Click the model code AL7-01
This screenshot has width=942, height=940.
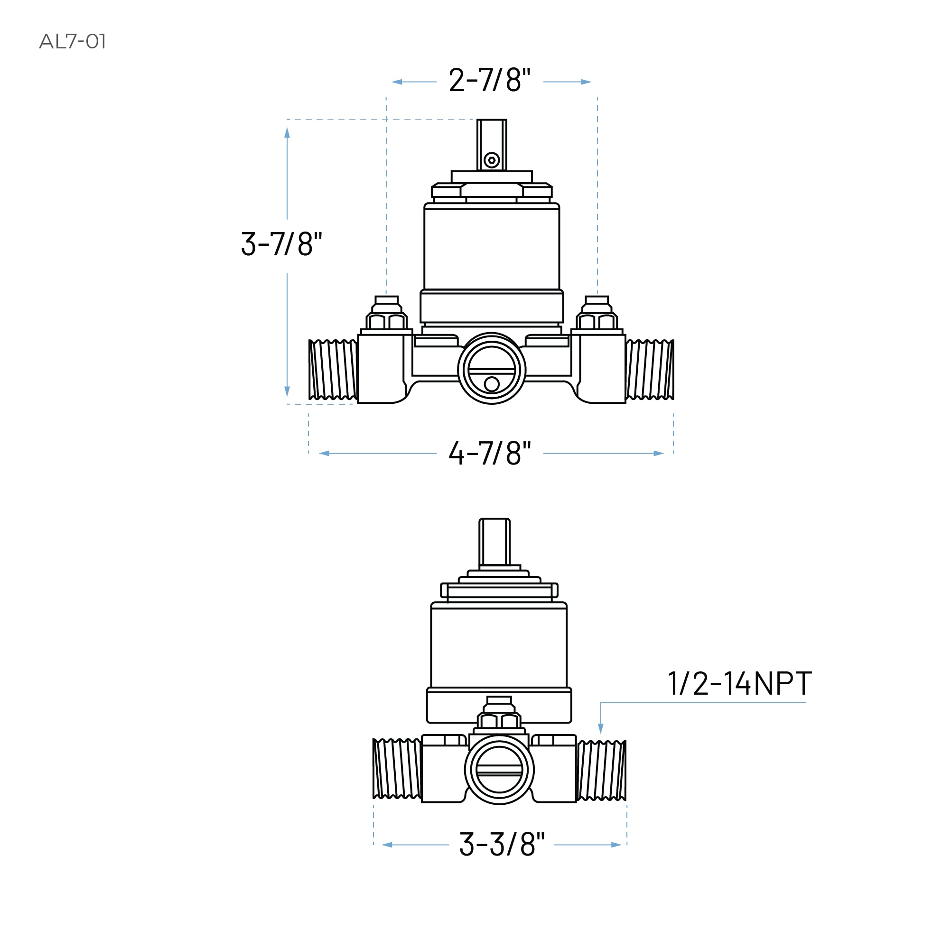(x=72, y=41)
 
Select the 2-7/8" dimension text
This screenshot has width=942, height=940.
(x=489, y=81)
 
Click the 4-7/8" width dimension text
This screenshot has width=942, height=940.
(x=489, y=454)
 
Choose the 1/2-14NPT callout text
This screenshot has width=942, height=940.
(x=739, y=684)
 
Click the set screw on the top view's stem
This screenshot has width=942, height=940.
(x=492, y=160)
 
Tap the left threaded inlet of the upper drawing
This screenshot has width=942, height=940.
(x=333, y=370)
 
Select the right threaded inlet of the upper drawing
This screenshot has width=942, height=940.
(x=650, y=370)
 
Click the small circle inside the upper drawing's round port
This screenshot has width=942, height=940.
(x=492, y=384)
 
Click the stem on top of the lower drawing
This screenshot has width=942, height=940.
(x=494, y=541)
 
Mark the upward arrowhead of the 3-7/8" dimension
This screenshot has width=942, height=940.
(x=287, y=132)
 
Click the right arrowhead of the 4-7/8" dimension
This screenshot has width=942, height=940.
(x=658, y=454)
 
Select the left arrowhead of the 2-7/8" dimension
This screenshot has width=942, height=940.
(x=397, y=82)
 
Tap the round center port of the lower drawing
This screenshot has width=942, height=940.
(x=499, y=769)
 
